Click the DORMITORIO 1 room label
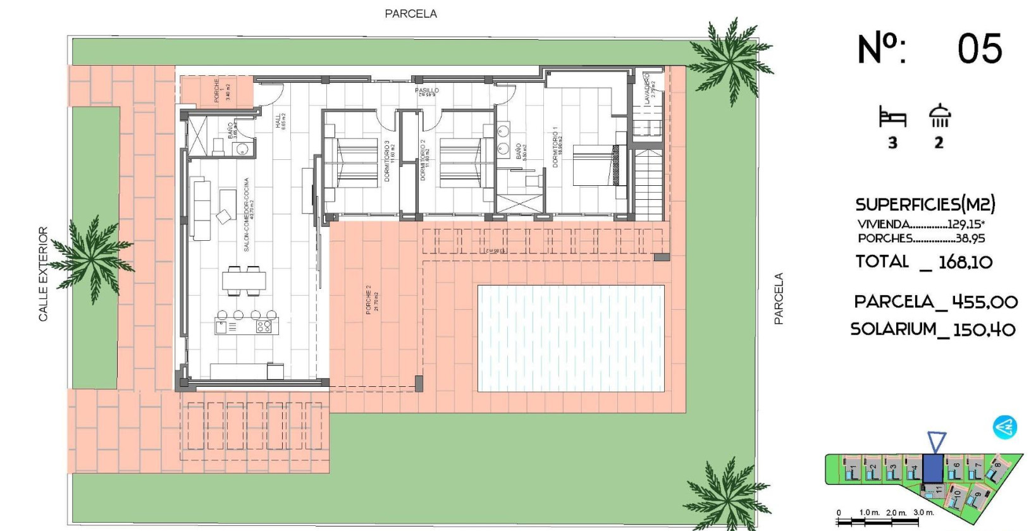click(556, 147)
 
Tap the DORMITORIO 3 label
click(387, 161)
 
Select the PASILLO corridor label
click(427, 91)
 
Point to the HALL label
click(278, 121)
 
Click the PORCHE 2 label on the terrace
click(369, 299)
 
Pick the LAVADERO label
click(646, 89)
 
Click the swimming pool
click(570, 338)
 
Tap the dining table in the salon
click(244, 280)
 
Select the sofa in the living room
click(202, 209)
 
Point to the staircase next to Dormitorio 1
click(648, 183)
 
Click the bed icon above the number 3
click(892, 118)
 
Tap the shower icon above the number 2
click(939, 116)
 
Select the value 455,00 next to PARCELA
click(984, 302)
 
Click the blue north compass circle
click(1004, 428)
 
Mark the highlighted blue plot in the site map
click(932, 469)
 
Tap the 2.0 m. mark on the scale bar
click(896, 513)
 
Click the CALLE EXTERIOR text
click(43, 274)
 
